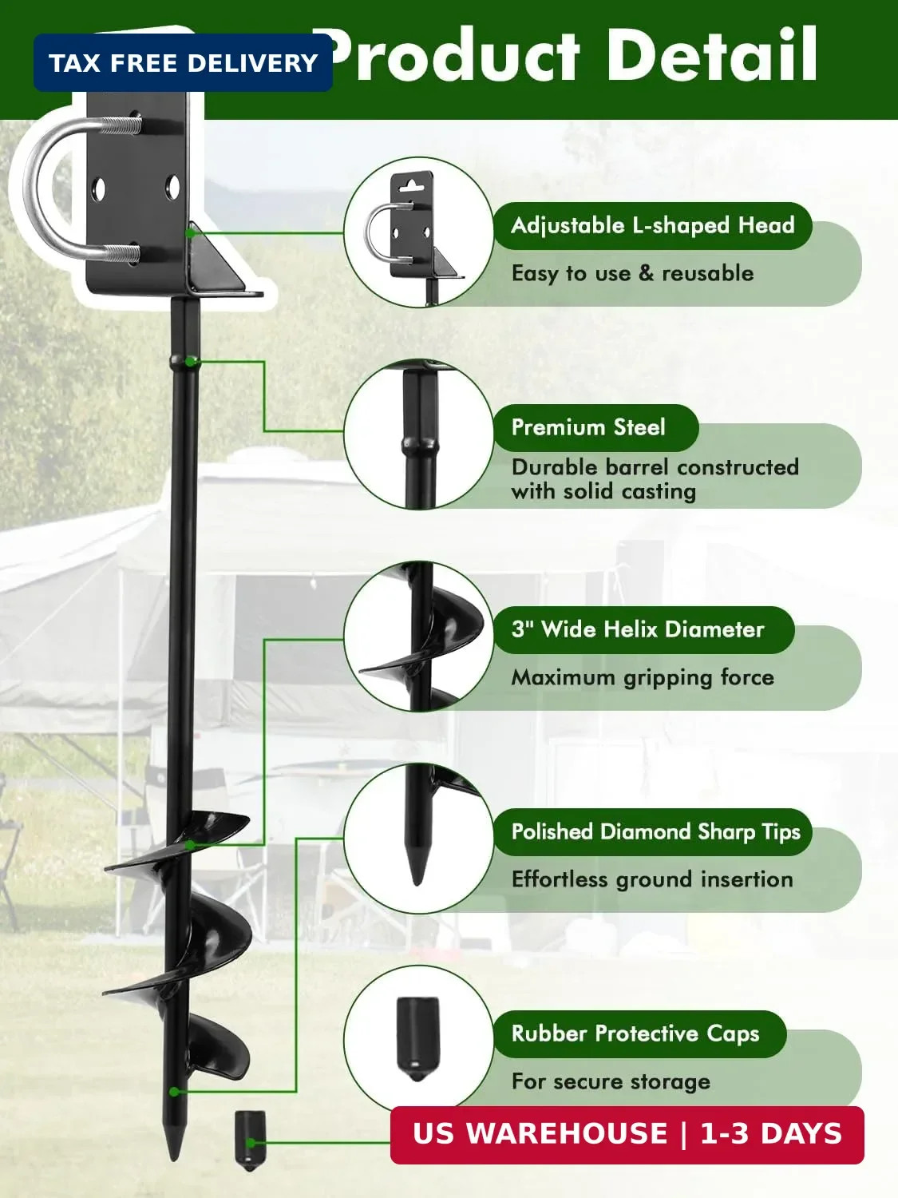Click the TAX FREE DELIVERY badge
coord(183,62)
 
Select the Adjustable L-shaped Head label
coord(653,225)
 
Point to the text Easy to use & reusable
coord(632,273)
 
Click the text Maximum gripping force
coord(643,677)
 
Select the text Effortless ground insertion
coord(652,879)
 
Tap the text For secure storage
coord(611,1081)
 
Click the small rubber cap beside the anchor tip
coord(251,1140)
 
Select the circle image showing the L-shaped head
coord(419,232)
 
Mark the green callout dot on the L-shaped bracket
coord(190,233)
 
